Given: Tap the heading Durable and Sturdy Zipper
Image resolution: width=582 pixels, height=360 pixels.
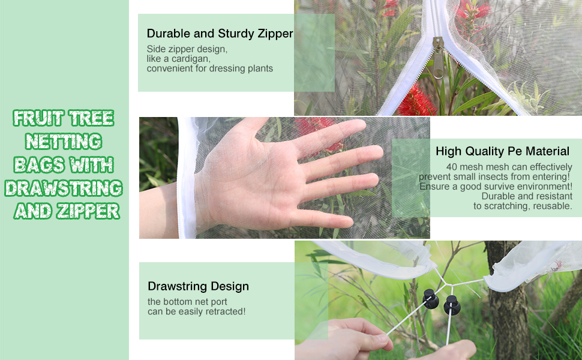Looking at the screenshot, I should click(220, 34).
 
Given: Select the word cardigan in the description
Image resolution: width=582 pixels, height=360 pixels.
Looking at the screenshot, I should click(189, 59).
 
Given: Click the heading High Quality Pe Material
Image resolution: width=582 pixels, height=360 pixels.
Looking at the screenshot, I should click(502, 151).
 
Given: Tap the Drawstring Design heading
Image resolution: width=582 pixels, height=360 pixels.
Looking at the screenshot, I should click(198, 286).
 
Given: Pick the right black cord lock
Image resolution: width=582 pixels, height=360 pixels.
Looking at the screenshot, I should click(452, 305).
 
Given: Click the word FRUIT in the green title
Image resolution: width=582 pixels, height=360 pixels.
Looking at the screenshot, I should click(37, 118).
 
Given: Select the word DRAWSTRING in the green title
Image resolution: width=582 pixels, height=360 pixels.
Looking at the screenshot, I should click(64, 188).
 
